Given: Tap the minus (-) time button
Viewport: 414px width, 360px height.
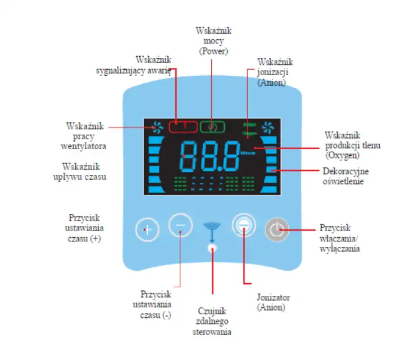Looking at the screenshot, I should tap(180, 226).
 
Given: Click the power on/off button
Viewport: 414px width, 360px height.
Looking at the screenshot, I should tap(276, 230).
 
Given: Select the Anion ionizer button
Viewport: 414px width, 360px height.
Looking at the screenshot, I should tap(243, 226).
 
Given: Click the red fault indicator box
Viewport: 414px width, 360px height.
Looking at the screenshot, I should tap(183, 127).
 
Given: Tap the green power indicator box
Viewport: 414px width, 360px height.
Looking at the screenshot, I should tap(212, 127).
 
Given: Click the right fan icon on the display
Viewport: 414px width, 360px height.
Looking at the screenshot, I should tap(267, 127).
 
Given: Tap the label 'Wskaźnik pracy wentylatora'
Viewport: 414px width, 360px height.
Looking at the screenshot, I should tap(85, 136).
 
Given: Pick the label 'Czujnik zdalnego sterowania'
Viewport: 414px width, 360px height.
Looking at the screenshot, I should tap(211, 321).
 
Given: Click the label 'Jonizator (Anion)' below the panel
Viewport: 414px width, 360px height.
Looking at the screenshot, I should tap(271, 302).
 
